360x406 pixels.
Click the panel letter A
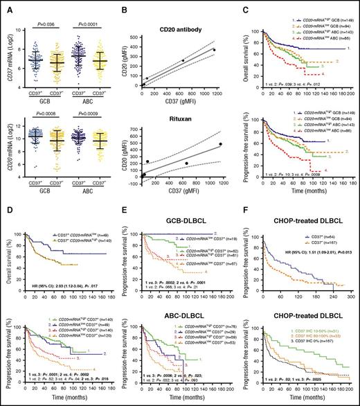pos(6,6)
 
